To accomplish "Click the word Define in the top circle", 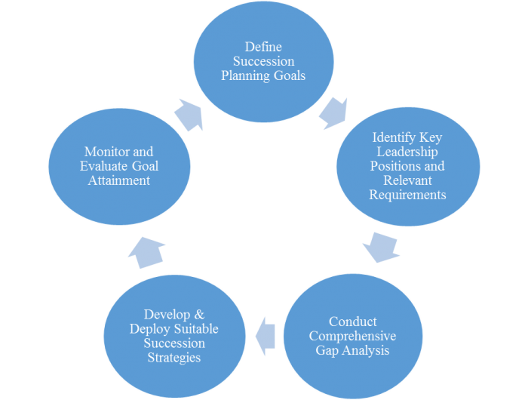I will (x=263, y=48).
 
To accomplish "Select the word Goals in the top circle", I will (x=293, y=75).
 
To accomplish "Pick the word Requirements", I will (x=408, y=195).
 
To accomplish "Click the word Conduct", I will (x=353, y=322).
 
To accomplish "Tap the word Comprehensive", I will (x=352, y=336).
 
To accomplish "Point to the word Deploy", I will (x=149, y=329).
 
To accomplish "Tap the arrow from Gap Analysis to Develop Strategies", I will (x=266, y=334).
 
